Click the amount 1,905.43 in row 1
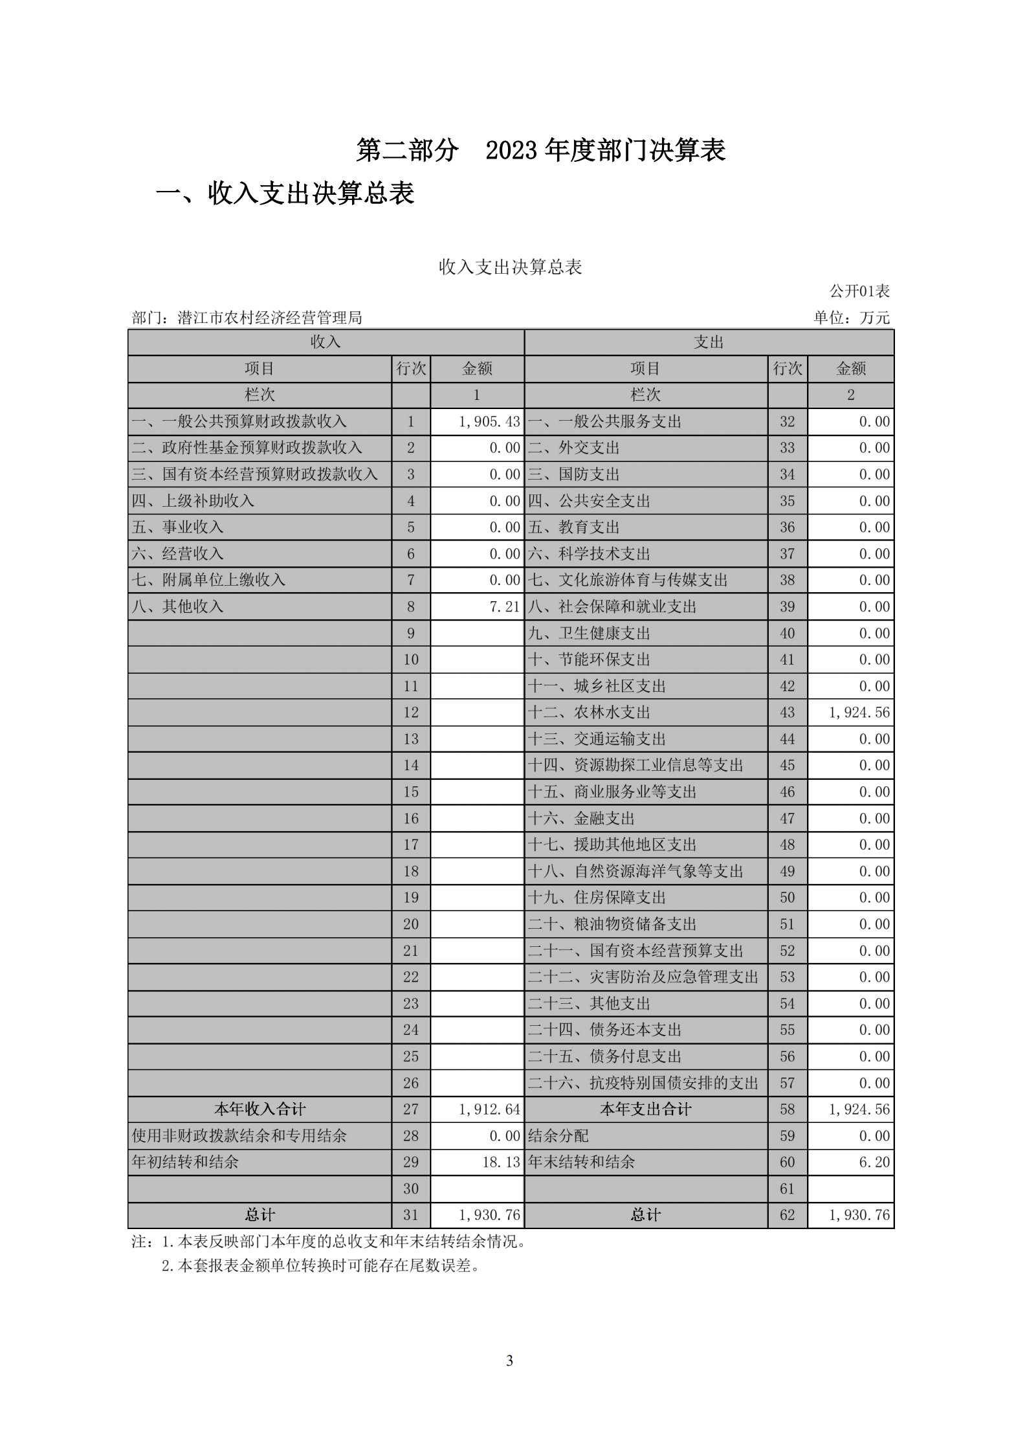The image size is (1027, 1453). coord(489,422)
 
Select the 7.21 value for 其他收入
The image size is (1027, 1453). coord(504,607)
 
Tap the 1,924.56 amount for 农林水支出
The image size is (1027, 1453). coord(859,713)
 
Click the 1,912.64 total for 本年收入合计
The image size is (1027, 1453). coord(489,1109)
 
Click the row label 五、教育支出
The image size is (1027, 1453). coord(573,527)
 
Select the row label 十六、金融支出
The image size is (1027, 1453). coord(581,819)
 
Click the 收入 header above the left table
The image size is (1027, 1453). coord(326,342)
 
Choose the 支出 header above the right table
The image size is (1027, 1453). coord(709,342)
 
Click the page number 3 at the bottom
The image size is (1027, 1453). coord(510,1360)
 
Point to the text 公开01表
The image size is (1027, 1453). coord(859,291)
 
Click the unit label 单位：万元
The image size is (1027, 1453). coord(851,318)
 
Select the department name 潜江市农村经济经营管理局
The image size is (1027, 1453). coord(269,318)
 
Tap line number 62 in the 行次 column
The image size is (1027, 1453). coord(787,1215)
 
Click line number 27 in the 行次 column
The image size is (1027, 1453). coord(411,1109)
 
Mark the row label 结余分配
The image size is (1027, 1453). coord(558,1136)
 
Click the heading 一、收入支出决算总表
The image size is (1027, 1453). coord(285,194)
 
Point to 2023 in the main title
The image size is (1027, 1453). coord(511,151)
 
